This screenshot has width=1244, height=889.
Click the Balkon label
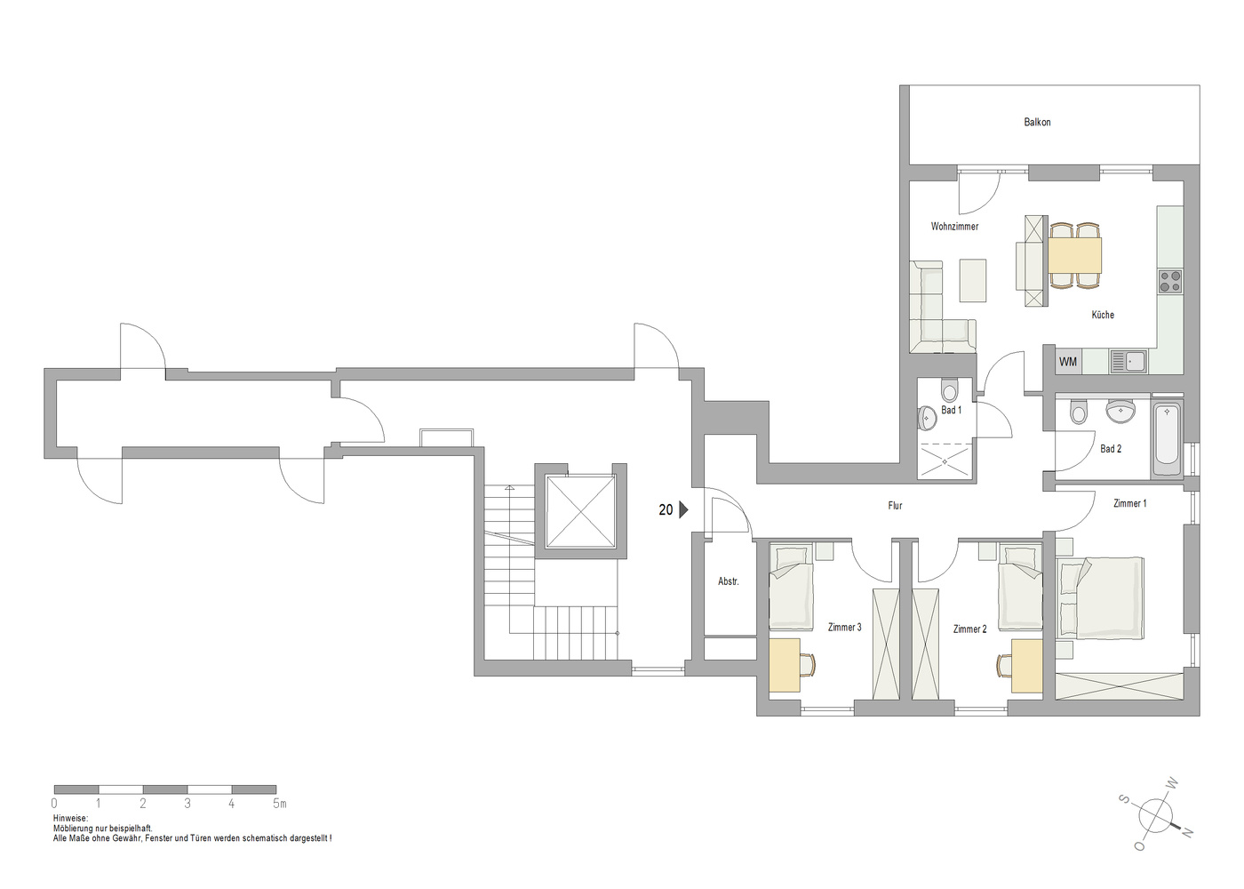tap(1037, 122)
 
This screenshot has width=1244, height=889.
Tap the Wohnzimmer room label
tap(954, 226)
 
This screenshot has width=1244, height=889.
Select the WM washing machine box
tap(1067, 362)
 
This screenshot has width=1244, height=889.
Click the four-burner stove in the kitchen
tap(1170, 281)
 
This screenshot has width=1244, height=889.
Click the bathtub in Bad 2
tap(1167, 439)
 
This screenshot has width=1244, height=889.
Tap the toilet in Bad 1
tap(949, 390)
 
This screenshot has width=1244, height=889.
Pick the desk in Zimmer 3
tap(784, 665)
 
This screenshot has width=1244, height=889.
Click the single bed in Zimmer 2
tap(1020, 589)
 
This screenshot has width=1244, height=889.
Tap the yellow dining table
tap(1074, 255)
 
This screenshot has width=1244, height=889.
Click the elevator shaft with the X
tap(580, 511)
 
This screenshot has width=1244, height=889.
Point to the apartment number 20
tap(666, 509)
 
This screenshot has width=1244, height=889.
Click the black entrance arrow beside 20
tap(683, 509)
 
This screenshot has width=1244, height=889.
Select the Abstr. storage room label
tap(728, 581)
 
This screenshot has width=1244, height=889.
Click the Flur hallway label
tap(895, 506)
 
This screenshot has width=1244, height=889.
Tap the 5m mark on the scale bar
tap(279, 804)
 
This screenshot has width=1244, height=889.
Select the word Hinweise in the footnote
tap(70, 819)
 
